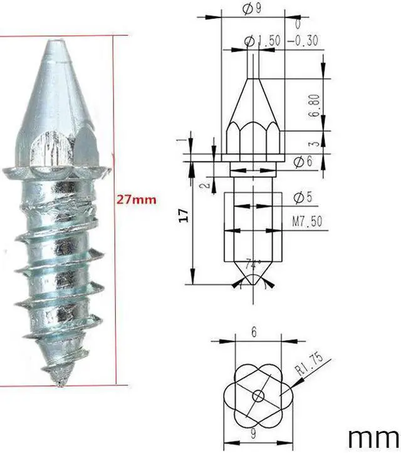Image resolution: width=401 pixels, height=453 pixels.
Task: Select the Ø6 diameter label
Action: pyautogui.click(x=302, y=161)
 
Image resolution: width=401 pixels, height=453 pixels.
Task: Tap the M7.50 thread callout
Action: pyautogui.click(x=308, y=221)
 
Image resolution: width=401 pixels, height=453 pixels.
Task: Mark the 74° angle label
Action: pyautogui.click(x=254, y=264)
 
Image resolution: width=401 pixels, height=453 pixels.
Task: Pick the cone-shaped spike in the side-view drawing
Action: pyautogui.click(x=254, y=100)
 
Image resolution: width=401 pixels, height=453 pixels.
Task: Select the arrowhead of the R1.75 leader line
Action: pyautogui.click(x=293, y=382)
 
